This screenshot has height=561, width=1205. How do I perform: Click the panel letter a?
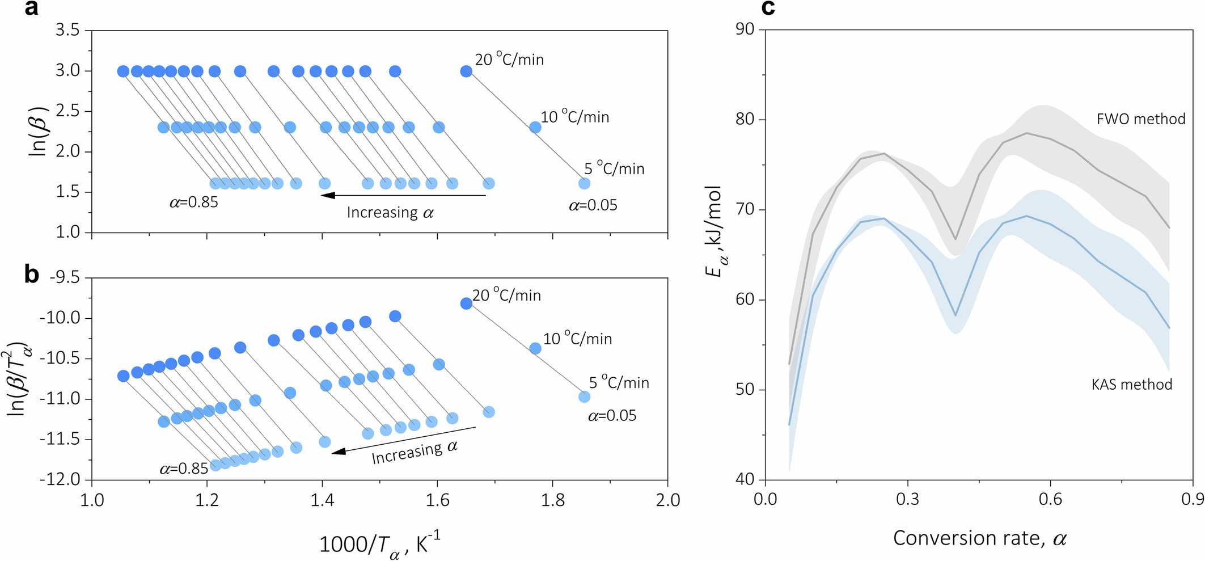[32, 9]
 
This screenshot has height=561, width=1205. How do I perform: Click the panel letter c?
[768, 9]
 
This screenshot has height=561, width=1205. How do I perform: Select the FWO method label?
[1140, 119]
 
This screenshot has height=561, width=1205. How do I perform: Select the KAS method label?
[1131, 385]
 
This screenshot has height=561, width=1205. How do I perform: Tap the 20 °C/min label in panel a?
[509, 60]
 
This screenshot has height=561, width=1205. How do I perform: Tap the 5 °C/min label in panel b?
[619, 383]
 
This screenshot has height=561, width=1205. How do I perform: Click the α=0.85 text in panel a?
[194, 203]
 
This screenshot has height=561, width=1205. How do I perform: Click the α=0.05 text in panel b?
[612, 416]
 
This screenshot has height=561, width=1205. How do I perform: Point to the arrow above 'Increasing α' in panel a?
[403, 195]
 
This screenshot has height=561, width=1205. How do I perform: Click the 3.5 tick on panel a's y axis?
[67, 30]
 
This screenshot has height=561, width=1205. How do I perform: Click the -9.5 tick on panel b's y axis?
[65, 277]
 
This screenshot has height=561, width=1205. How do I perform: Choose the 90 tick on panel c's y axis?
[745, 29]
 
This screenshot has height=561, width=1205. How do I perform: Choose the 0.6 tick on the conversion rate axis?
[1050, 500]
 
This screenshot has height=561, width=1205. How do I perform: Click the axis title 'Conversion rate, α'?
[979, 538]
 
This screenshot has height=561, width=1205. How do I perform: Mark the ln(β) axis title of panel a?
[39, 131]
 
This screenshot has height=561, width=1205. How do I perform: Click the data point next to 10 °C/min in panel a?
[535, 127]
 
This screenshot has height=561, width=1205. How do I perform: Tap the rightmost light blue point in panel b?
[584, 397]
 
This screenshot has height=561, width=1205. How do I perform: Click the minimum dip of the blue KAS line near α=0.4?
[955, 315]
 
